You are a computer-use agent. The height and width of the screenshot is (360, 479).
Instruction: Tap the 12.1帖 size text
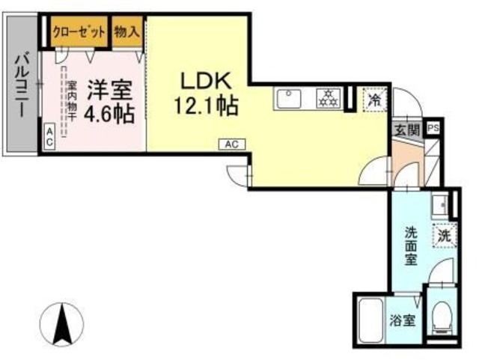click(207, 106)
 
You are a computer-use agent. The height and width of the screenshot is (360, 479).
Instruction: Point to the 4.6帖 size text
click(109, 114)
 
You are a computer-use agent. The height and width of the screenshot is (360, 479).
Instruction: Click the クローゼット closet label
click(80, 31)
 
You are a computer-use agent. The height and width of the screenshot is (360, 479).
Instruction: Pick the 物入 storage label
click(127, 31)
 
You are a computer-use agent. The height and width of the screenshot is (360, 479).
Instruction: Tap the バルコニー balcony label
click(22, 82)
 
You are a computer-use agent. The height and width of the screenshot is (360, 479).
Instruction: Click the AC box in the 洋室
click(49, 135)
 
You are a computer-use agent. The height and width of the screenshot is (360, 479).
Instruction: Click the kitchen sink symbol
click(287, 98)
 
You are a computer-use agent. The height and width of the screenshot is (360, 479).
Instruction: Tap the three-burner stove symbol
click(327, 98)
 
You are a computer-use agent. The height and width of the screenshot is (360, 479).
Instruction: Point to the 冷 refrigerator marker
click(373, 98)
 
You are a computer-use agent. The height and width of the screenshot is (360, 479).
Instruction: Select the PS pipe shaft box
click(433, 128)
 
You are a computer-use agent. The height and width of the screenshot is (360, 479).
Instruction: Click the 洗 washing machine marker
click(445, 234)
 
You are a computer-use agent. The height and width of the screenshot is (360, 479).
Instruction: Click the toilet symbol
click(443, 316)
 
